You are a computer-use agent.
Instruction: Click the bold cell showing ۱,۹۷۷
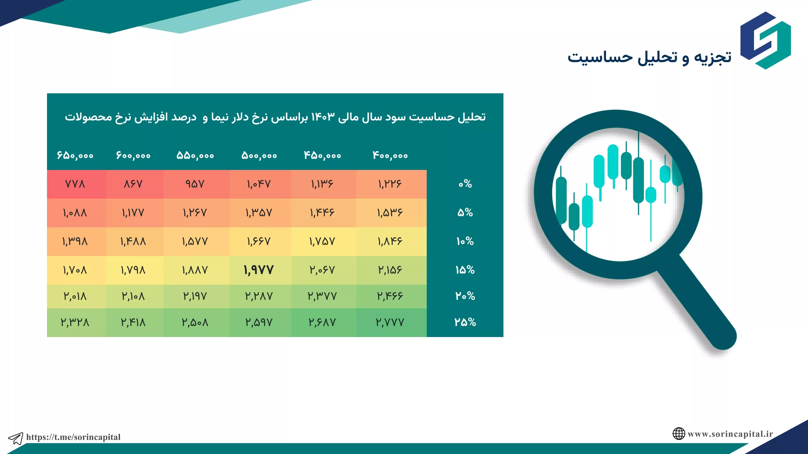[x=258, y=270]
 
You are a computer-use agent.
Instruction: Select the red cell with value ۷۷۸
[x=75, y=184]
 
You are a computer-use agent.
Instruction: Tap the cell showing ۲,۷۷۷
[x=390, y=322]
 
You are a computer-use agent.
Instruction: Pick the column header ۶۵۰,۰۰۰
[x=75, y=155]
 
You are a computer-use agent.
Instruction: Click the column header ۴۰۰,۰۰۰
[x=390, y=155]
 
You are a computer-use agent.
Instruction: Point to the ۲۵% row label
[x=465, y=322]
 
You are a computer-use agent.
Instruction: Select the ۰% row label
[x=465, y=184]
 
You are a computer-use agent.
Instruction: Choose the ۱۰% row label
[x=465, y=242]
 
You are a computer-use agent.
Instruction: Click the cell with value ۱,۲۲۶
[x=390, y=184]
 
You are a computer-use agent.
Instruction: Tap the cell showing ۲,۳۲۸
[x=75, y=322]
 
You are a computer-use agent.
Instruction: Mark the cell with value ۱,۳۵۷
[x=258, y=213]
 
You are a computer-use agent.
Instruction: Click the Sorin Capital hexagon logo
[x=766, y=40]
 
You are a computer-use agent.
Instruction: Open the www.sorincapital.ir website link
[x=730, y=434]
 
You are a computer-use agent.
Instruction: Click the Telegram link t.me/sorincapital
[x=73, y=437]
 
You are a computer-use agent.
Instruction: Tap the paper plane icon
[x=15, y=438]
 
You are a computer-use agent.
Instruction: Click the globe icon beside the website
[x=679, y=434]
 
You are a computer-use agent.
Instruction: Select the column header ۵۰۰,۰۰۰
[x=259, y=155]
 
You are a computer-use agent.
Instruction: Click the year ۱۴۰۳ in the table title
[x=323, y=117]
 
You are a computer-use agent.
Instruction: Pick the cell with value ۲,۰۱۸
[x=75, y=296]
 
